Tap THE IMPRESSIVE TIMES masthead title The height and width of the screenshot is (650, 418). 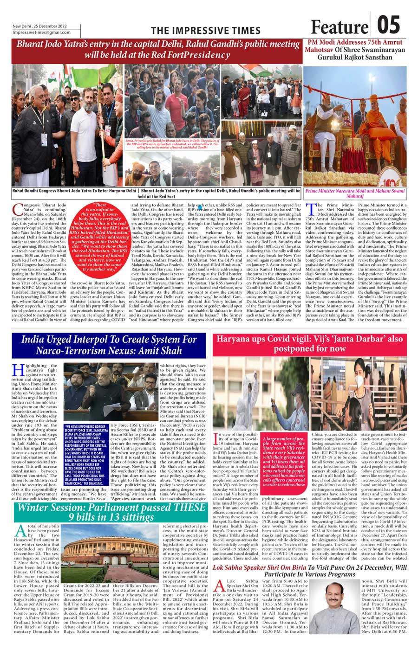click(x=206, y=31)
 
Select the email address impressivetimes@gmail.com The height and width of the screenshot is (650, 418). click(x=42, y=32)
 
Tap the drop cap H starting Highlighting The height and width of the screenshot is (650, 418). click(x=18, y=370)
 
